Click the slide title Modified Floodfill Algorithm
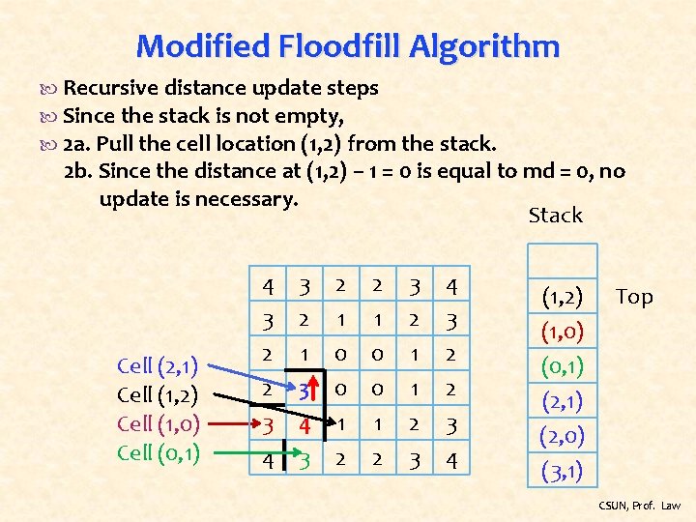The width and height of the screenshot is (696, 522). pos(348,45)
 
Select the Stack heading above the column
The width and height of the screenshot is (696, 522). pos(556,216)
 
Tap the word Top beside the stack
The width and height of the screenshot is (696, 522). pos(634,298)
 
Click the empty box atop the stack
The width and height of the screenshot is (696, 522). pos(561,258)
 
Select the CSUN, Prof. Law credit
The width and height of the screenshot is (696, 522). pos(639,506)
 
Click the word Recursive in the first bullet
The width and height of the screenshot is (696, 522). pos(103,88)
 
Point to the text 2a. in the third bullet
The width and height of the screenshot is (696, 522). pos(76,144)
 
